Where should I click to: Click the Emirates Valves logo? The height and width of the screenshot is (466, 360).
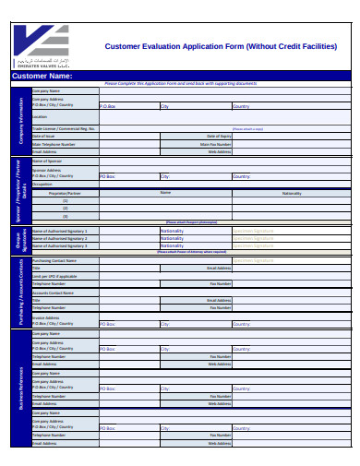click(x=42, y=43)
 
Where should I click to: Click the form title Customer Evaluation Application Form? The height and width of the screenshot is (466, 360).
click(x=220, y=45)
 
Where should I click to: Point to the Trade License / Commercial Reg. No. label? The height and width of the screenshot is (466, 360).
click(x=64, y=129)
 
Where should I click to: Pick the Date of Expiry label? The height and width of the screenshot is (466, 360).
click(x=219, y=137)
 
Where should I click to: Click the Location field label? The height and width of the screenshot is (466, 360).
click(x=40, y=117)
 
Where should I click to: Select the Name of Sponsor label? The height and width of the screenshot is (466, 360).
click(x=48, y=161)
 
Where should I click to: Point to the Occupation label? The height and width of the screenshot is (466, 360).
click(x=43, y=184)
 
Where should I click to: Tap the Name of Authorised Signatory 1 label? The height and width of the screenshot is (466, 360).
click(x=60, y=230)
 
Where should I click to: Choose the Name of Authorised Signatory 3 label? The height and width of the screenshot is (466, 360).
click(x=60, y=245)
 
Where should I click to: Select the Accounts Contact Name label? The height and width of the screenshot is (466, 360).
click(x=54, y=293)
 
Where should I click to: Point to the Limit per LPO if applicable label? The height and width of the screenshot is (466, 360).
click(x=54, y=276)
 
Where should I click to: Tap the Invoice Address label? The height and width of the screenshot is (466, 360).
click(x=46, y=317)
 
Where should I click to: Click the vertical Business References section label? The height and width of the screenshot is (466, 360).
click(x=20, y=388)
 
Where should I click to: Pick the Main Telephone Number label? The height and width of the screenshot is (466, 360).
click(x=51, y=145)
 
